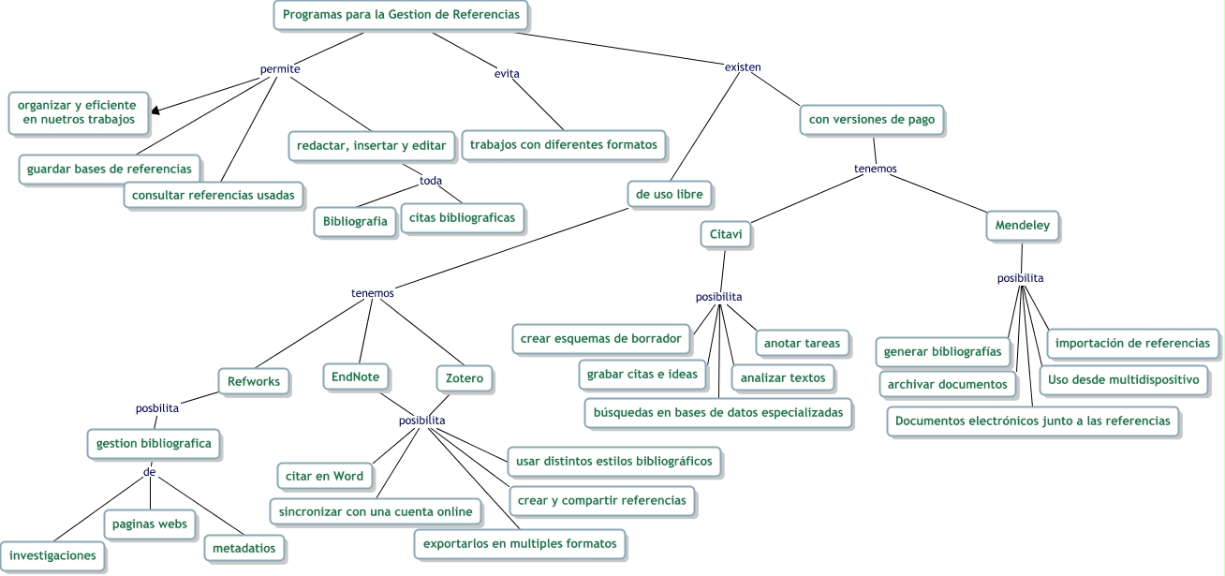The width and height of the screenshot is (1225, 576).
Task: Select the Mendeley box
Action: (1023, 226)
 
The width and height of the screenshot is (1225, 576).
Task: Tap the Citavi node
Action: (727, 234)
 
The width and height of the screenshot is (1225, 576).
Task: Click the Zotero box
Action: (465, 379)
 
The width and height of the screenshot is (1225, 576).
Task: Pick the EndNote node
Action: (357, 377)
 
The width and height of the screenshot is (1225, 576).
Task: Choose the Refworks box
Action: (255, 381)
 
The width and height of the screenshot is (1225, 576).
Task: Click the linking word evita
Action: (507, 73)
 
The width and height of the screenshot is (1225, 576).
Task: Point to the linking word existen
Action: (743, 66)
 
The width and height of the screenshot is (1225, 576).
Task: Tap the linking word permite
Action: (279, 68)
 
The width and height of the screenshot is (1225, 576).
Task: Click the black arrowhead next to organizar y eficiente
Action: (155, 110)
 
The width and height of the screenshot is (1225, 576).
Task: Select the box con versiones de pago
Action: (872, 120)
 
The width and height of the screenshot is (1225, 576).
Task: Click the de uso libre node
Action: (669, 194)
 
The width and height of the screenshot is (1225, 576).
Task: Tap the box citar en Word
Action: (324, 476)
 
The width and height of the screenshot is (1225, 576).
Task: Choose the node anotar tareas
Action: (802, 343)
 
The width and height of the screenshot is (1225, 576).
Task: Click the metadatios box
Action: (244, 548)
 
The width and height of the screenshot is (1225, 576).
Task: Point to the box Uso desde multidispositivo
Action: (1124, 380)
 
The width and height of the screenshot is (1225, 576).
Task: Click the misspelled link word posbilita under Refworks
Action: (155, 407)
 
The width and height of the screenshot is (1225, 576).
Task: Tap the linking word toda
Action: (431, 181)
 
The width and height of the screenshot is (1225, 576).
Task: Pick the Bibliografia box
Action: (355, 222)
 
